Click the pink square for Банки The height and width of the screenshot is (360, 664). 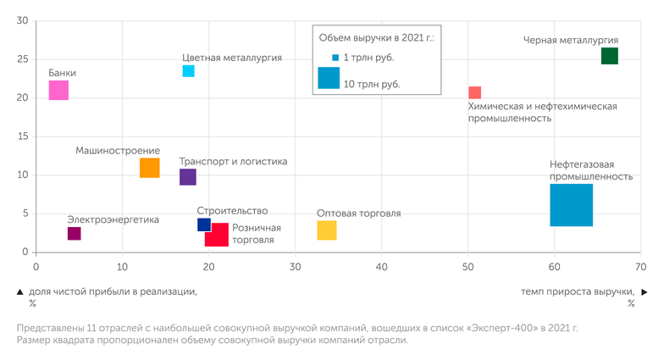point(58,90)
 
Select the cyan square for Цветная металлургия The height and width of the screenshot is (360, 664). point(188,71)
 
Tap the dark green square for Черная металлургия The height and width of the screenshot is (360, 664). point(609,56)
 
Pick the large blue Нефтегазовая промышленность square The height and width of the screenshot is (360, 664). point(571,205)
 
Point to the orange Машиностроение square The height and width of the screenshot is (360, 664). point(149,168)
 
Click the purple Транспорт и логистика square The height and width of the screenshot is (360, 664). point(188,177)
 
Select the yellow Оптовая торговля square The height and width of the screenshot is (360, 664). point(327,230)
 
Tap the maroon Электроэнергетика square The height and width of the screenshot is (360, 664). point(74,234)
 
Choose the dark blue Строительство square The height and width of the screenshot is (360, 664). point(204,224)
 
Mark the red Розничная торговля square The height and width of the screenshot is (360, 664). point(217,235)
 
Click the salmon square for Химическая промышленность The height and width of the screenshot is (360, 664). point(475,92)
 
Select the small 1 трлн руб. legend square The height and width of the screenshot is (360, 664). point(335,58)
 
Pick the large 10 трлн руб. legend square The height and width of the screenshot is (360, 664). point(329,78)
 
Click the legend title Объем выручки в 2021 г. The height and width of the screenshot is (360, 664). point(375,38)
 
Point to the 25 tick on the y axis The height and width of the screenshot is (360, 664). point(22,59)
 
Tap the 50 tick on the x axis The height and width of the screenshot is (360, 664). point(468,267)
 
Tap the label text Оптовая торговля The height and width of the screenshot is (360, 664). point(358,213)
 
